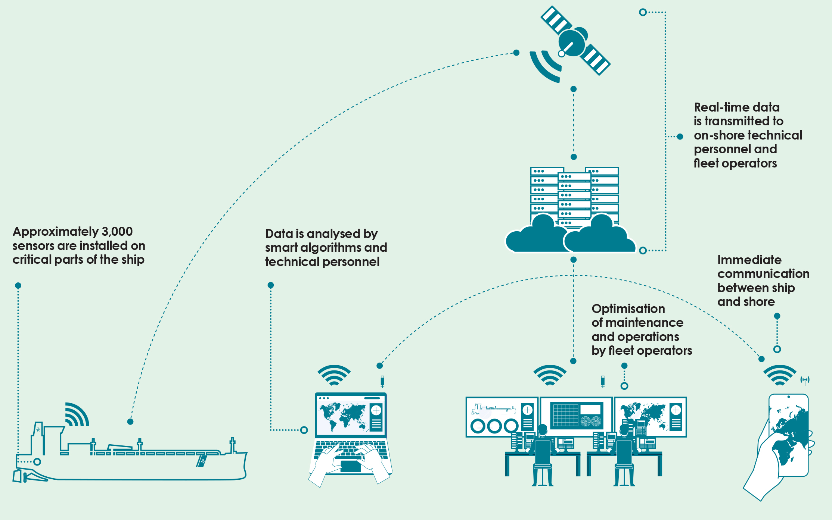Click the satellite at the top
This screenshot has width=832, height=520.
tap(575, 41)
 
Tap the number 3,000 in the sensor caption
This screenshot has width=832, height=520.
tap(117, 232)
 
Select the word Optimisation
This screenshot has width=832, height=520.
tap(628, 309)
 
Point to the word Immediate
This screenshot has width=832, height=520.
tap(749, 260)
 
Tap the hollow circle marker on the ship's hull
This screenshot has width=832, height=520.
tap(37, 462)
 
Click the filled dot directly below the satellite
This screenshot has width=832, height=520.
tap(574, 89)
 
